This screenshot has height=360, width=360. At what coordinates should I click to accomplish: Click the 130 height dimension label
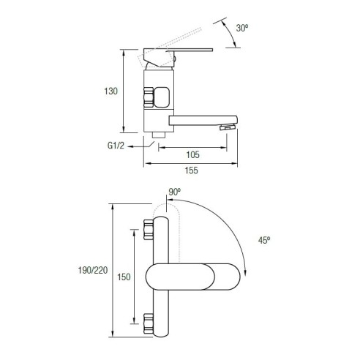tap(111, 91)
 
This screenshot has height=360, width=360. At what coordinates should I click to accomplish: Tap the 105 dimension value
tap(192, 154)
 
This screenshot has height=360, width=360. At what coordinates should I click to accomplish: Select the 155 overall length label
tap(191, 170)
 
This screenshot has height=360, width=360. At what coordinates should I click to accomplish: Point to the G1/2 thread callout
tap(116, 146)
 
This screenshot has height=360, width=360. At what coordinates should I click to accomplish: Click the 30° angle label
tap(242, 28)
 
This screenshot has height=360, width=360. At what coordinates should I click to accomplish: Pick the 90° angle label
tap(175, 192)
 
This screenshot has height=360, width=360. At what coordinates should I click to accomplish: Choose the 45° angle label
tap(264, 241)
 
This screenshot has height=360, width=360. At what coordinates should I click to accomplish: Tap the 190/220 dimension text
tap(93, 270)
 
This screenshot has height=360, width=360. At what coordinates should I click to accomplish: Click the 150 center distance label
tap(124, 277)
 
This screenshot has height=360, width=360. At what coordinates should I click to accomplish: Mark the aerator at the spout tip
tap(228, 127)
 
